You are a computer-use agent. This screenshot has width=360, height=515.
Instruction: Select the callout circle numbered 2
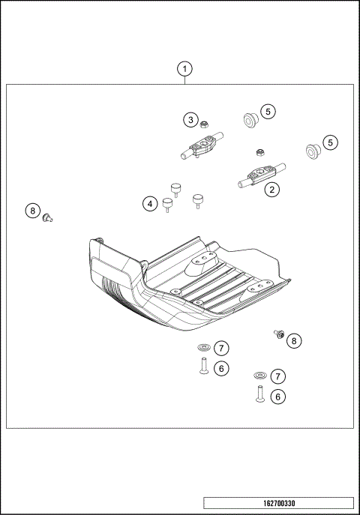tap(271, 190)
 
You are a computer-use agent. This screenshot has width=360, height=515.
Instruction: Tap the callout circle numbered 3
tap(192, 120)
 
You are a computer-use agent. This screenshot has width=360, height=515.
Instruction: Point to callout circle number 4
tap(151, 203)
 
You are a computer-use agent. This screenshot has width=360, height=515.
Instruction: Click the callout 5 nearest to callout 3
tap(268, 112)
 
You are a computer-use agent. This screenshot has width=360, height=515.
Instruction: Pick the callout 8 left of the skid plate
tap(31, 211)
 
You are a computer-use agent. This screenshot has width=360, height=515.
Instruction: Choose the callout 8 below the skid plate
tap(293, 340)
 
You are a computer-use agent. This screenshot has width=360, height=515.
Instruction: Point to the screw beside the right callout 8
tap(277, 335)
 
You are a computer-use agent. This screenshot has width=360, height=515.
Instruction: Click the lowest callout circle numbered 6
tap(278, 397)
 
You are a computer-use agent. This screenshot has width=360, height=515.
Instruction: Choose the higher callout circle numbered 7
tap(221, 348)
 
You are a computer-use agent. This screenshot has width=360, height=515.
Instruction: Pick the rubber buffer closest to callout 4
tap(168, 204)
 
